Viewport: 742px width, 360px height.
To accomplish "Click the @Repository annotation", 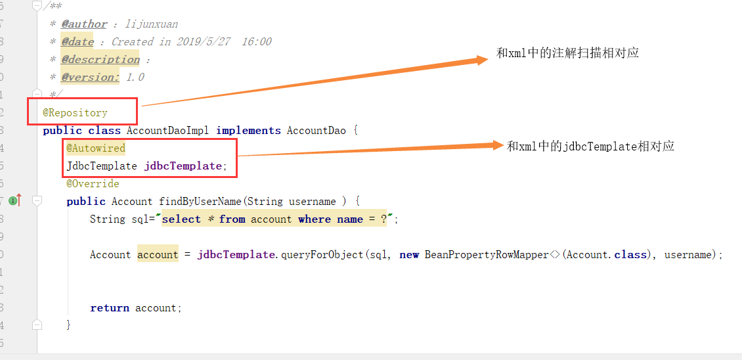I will click(75, 113).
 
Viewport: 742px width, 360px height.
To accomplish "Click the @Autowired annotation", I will click(96, 148).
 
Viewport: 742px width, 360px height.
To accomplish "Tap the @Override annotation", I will click(93, 184).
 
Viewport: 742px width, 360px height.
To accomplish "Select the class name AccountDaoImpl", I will click(167, 131).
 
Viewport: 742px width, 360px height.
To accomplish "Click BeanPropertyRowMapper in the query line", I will click(487, 255).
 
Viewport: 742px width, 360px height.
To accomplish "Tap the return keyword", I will click(110, 308).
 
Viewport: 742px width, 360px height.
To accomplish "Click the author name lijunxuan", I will click(152, 24).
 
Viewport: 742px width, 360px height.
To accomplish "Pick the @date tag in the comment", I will click(77, 42).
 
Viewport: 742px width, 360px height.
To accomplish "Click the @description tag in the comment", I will click(100, 60).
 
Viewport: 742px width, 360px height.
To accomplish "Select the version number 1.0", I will click(135, 78).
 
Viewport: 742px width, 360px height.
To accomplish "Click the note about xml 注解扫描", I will click(567, 53).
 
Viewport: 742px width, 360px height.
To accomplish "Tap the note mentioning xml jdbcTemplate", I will click(590, 146).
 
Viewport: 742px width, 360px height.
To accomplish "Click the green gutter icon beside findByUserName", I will click(13, 200).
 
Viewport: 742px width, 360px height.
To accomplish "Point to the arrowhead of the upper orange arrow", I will click(483, 60).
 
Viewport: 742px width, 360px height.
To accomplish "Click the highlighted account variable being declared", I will click(158, 255).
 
